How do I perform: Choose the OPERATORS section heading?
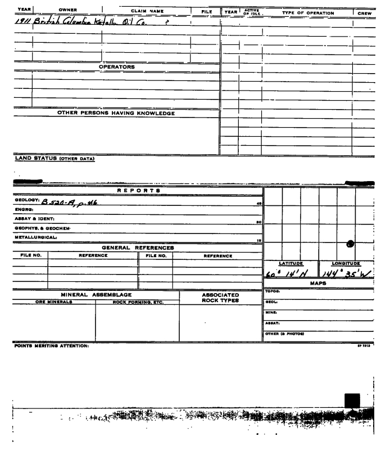(116, 67)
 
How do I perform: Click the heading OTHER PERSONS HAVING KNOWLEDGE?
(116, 113)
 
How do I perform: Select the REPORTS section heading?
(138, 191)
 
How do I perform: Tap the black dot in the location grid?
(350, 243)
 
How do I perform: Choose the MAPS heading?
(318, 283)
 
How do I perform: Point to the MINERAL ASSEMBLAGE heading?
(96, 294)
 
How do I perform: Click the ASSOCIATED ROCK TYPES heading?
(221, 298)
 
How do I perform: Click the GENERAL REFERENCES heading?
(138, 248)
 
